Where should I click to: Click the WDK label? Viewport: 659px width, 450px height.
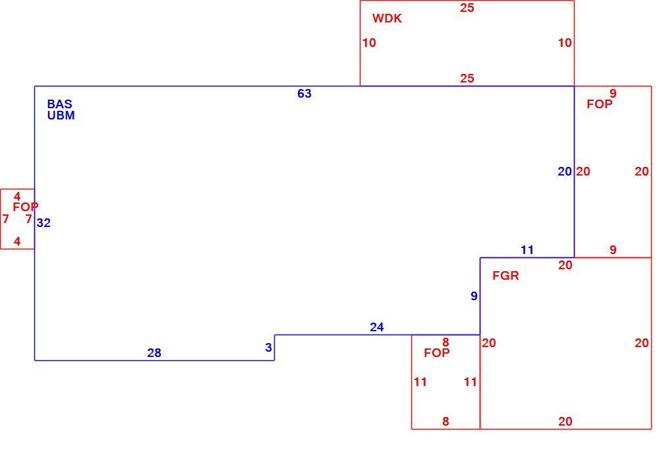coord(387,18)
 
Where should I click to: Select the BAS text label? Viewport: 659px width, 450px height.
coord(60,104)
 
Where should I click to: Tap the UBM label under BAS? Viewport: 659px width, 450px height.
coord(61,115)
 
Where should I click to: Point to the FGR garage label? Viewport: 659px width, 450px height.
coord(505,276)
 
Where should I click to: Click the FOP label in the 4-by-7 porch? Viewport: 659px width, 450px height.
coord(26,207)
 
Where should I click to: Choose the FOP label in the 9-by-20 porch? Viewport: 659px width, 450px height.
coord(600,104)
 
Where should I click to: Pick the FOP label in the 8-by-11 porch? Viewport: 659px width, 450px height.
coord(437,353)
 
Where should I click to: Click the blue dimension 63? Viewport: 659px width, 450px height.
coord(304,94)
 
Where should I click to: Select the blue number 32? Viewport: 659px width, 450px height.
coord(43,222)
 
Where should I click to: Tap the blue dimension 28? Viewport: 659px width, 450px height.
coord(154,353)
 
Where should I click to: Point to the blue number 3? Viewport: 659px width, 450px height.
coord(269,347)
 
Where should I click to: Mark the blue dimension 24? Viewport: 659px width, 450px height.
coord(377,327)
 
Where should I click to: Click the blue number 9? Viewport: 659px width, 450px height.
coord(474,296)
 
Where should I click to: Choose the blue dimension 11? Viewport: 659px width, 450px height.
coord(527,250)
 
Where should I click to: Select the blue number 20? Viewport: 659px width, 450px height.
coord(565,172)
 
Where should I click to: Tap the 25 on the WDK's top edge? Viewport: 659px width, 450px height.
coord(467,8)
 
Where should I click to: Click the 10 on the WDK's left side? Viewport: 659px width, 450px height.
coord(369,42)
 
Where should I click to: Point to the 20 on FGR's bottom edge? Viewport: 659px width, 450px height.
coord(565,422)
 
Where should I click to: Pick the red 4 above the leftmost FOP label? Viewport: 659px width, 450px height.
coord(17,196)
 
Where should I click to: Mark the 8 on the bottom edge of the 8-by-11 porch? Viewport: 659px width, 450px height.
coord(445,421)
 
